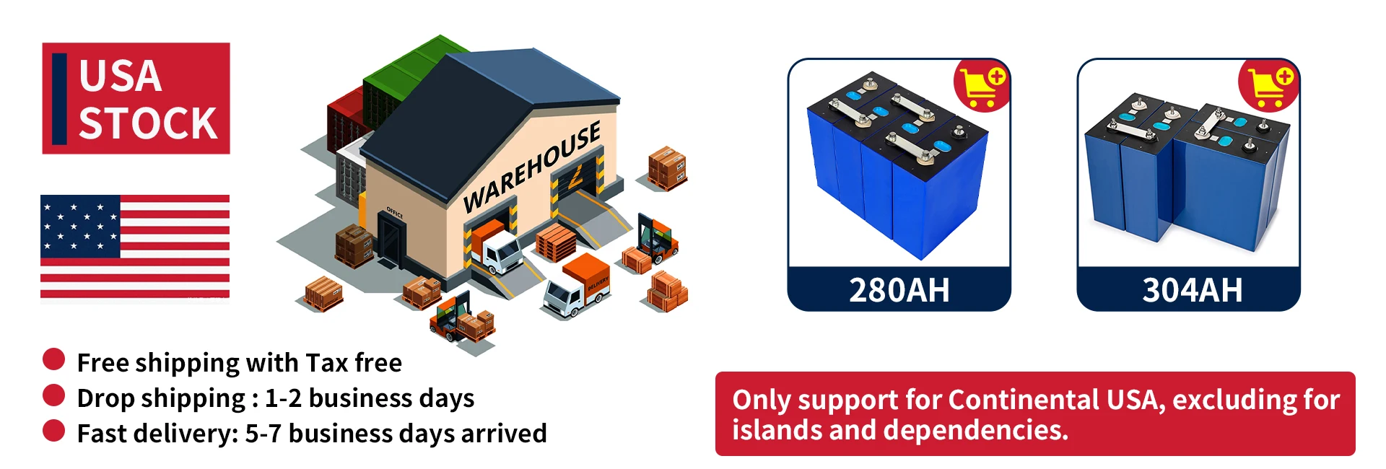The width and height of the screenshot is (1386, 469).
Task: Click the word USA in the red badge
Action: (x=120, y=76)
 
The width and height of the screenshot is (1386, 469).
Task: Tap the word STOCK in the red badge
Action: (x=147, y=123)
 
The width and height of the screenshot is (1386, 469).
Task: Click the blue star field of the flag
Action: (x=80, y=227)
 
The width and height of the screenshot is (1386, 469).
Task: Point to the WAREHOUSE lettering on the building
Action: (x=532, y=167)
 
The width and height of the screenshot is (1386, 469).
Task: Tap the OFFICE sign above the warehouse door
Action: (x=394, y=212)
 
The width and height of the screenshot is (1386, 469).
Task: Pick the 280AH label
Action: (x=899, y=290)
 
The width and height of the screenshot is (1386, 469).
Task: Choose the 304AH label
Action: (x=1192, y=290)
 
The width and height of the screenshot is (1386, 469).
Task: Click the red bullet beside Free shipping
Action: (x=54, y=359)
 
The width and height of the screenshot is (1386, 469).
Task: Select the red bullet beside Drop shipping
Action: (x=54, y=395)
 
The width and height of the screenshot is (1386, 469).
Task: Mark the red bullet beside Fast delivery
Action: (x=54, y=430)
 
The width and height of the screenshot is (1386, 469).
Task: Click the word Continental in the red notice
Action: (x=1024, y=400)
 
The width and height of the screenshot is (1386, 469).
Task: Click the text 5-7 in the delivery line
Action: (x=263, y=434)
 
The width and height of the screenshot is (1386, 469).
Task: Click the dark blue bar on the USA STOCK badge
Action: (x=60, y=98)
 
